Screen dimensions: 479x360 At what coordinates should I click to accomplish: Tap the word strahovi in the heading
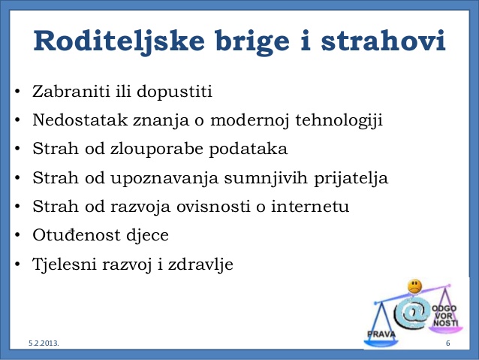coord(383,41)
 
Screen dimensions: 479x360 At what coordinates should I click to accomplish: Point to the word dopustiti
coord(174,92)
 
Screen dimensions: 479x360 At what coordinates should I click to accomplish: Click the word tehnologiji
coord(339,120)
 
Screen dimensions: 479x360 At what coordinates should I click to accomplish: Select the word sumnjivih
coord(266,178)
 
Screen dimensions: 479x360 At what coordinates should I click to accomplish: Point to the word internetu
coord(310,206)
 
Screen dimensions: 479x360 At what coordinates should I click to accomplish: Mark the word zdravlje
coord(200,265)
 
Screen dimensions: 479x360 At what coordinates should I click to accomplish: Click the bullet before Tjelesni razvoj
coord(18,264)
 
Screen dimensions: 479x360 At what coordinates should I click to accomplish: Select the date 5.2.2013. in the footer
coord(44,343)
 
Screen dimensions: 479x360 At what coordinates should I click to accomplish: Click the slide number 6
coord(447,343)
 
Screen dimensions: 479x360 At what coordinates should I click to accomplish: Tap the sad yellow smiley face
coord(414,286)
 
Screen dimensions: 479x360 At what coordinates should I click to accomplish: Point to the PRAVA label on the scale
coord(381,334)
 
